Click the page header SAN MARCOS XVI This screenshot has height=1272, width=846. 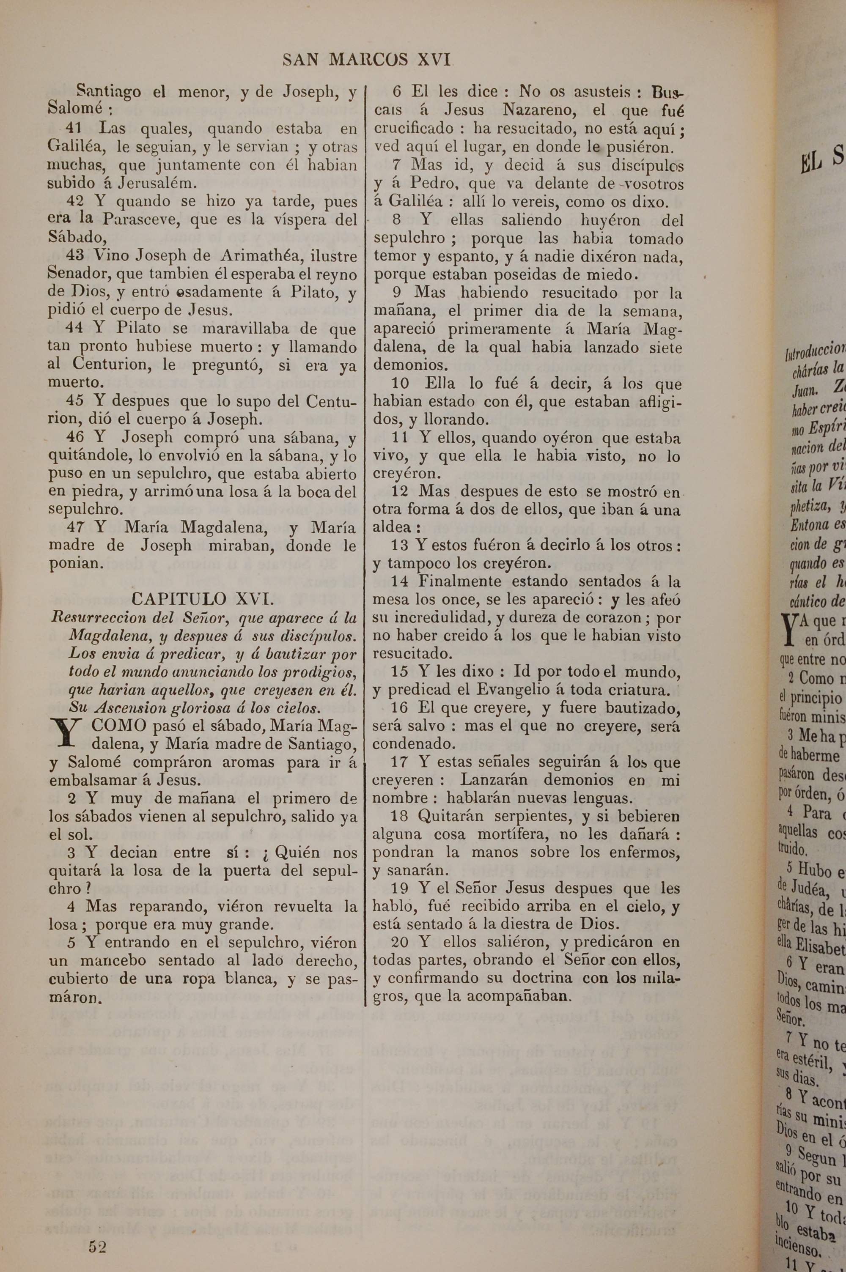pos(366,59)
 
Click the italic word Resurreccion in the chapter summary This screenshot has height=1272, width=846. pos(98,617)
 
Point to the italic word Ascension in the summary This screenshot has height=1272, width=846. pos(129,707)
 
